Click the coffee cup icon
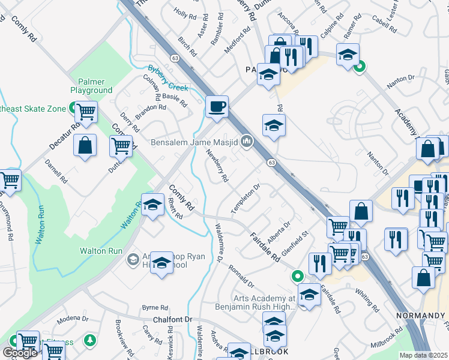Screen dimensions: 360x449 (x=217, y=107)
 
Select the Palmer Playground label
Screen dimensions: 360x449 (x=91, y=86)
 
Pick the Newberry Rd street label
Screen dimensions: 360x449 (x=217, y=166)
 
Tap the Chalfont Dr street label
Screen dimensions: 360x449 (x=171, y=320)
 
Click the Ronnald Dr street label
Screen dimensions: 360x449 (x=240, y=275)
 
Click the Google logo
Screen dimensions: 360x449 (x=20, y=353)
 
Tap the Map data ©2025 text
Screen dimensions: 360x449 (x=424, y=355)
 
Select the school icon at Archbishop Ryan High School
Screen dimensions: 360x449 (x=161, y=262)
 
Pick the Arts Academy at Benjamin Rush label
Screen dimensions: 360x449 (x=263, y=302)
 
